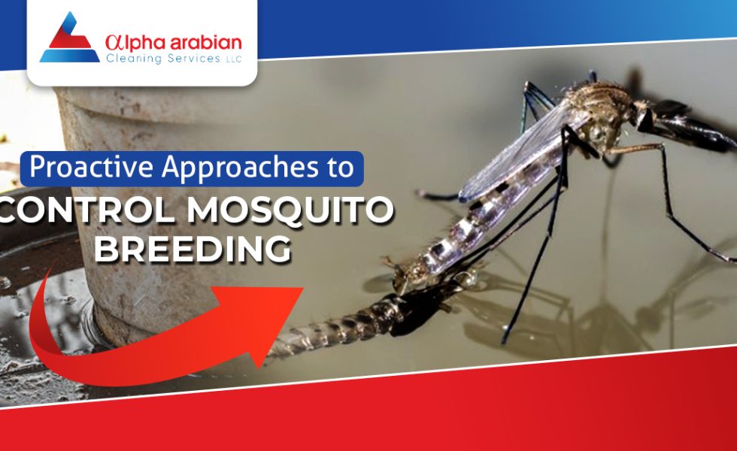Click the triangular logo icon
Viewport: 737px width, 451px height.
[x=69, y=39]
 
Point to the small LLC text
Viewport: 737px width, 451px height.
[x=234, y=59]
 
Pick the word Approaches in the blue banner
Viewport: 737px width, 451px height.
[x=240, y=168]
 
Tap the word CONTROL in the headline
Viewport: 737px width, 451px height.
[x=89, y=210]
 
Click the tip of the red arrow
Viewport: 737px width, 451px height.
[x=304, y=288]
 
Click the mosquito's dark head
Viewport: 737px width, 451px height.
[x=645, y=117]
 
